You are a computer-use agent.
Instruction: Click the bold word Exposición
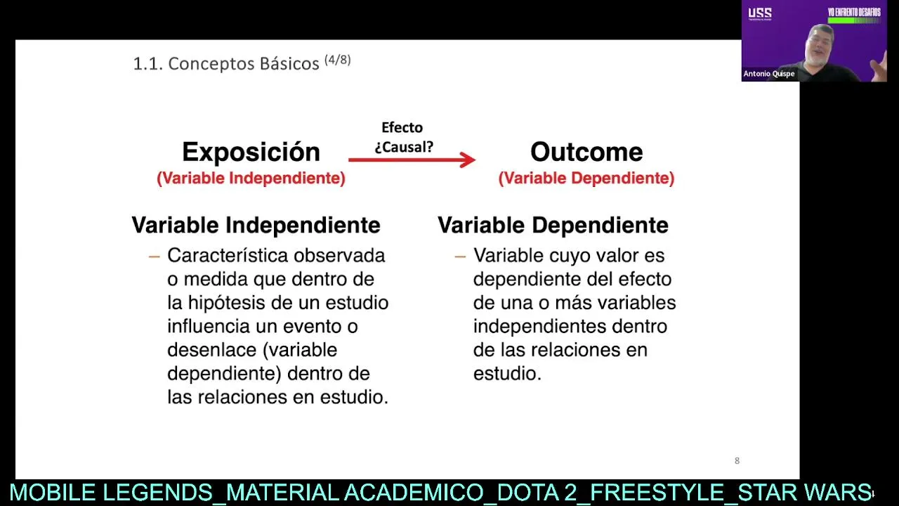251,153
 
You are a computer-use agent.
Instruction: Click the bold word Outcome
586,152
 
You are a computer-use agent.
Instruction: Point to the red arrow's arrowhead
468,160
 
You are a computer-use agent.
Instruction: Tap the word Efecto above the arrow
402,127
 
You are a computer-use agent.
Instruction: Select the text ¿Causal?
404,147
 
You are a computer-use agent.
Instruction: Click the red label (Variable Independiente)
251,178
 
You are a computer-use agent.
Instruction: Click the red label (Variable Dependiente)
586,178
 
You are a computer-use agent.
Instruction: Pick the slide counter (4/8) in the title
338,60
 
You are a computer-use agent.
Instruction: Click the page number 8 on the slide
737,460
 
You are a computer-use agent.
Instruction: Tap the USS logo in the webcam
760,13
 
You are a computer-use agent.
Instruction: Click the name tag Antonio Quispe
768,74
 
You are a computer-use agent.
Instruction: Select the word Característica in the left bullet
228,255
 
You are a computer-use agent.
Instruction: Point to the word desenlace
212,350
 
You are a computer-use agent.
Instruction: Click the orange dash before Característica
154,257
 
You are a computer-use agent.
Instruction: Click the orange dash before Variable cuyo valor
460,257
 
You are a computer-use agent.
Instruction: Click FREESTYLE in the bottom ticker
657,493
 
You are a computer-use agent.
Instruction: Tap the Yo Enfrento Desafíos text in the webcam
854,13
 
